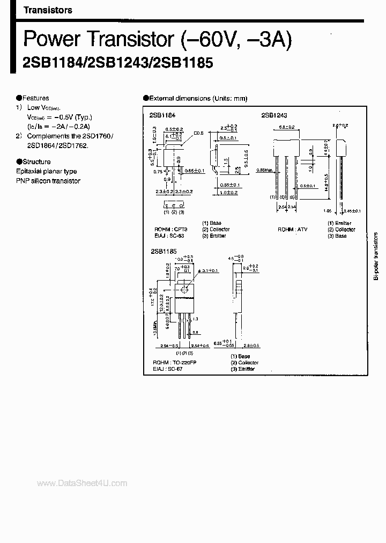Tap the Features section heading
tap(35, 98)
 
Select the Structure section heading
tap(36, 162)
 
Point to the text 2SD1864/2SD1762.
tap(55, 145)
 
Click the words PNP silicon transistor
tap(48, 181)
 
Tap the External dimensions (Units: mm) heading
tap(197, 99)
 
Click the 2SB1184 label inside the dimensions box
tap(162, 115)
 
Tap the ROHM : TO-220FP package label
tap(175, 363)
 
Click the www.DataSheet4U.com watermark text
tap(83, 483)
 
